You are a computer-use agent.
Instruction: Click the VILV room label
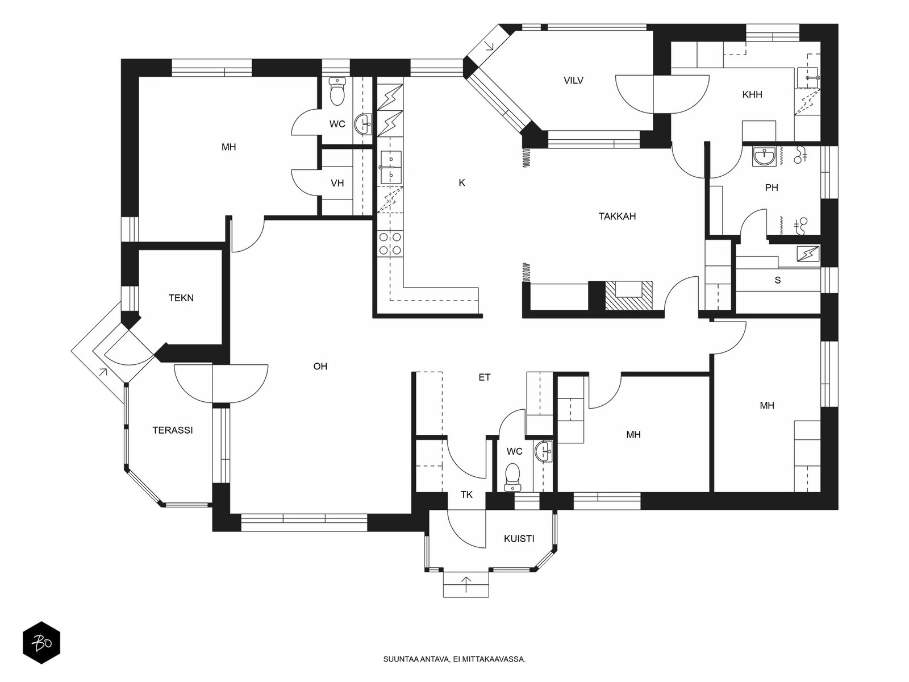point(573,80)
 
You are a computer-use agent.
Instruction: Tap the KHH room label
point(752,94)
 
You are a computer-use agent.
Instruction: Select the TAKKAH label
point(617,216)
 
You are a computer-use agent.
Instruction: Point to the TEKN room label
point(181,298)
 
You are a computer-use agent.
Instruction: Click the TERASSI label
point(173,430)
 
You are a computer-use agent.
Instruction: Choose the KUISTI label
point(519,539)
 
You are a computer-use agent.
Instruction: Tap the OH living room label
point(320,366)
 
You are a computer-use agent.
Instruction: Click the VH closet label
point(337,183)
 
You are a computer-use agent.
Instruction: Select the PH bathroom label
point(772,188)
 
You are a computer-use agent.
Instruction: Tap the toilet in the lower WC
point(512,477)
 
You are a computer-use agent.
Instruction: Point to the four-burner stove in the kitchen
point(390,243)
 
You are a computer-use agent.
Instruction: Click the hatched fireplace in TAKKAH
point(629,296)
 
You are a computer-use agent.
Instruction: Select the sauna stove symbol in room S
point(808,254)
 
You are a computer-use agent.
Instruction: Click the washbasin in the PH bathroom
point(765,157)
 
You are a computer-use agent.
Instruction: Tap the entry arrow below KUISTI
point(466,584)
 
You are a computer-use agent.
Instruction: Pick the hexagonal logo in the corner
point(41,643)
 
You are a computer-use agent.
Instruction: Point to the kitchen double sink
point(391,167)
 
